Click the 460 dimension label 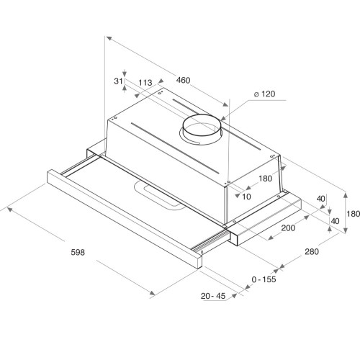click(184, 81)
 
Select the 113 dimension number click(145, 84)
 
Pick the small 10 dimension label click(246, 196)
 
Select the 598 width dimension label click(78, 253)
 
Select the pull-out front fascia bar click(122, 220)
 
